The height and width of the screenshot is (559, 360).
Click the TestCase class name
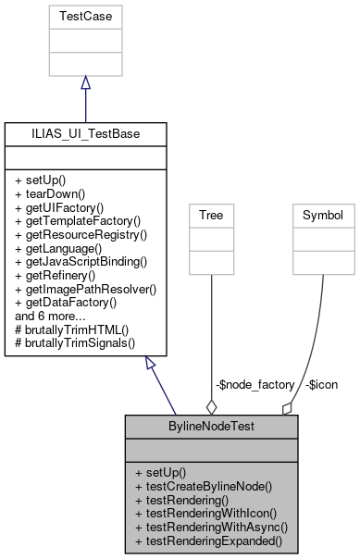(85, 17)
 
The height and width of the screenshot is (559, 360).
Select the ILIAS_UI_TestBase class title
(85, 134)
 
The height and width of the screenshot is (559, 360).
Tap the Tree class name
(212, 216)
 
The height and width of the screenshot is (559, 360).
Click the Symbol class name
(323, 216)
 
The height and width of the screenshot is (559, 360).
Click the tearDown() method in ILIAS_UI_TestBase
(54, 194)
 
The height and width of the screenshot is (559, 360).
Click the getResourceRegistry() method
(81, 236)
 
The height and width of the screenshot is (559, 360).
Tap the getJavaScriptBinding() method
(83, 263)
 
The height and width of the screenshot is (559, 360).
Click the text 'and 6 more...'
(50, 316)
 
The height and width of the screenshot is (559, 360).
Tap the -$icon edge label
(323, 383)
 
